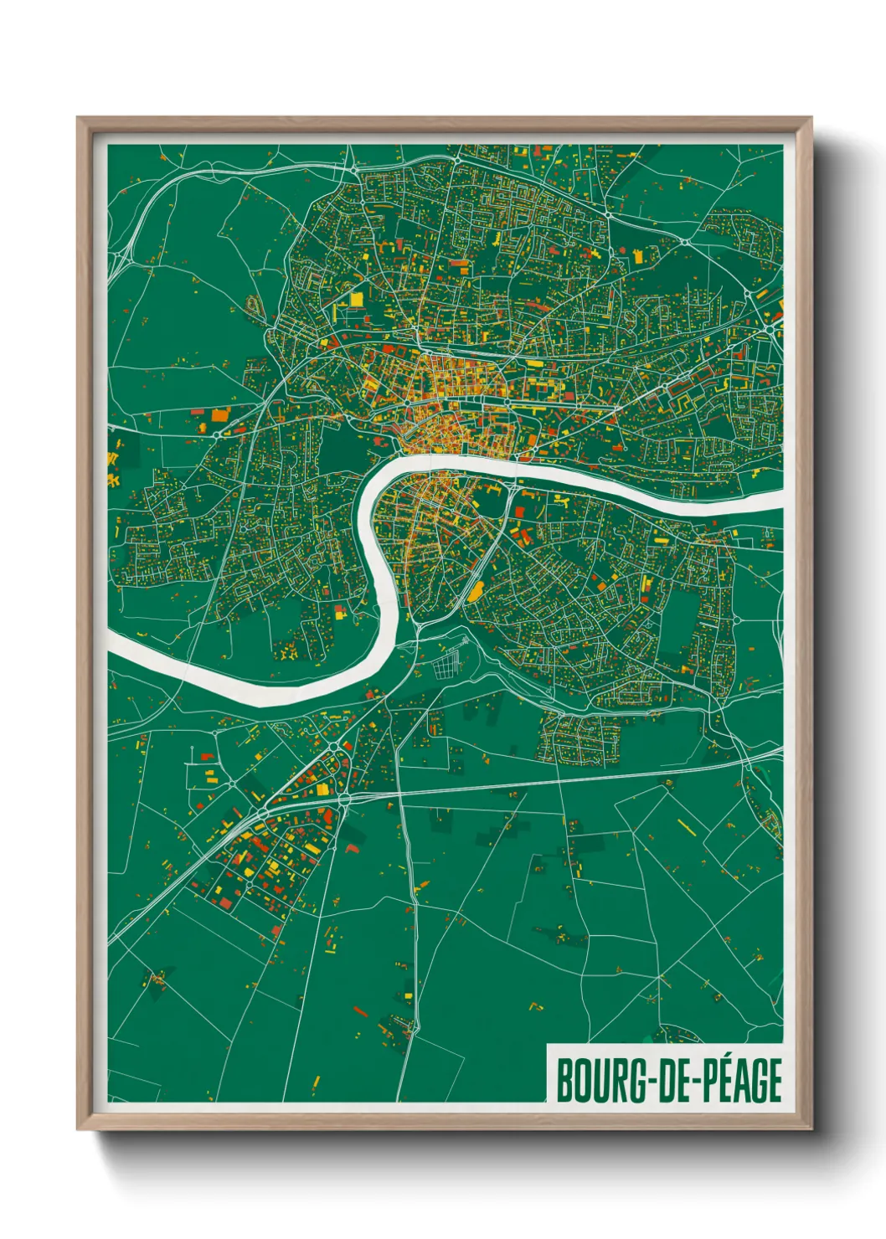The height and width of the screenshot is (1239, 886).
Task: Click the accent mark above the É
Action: (721, 1058)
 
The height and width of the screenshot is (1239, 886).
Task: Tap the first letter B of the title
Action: (564, 1081)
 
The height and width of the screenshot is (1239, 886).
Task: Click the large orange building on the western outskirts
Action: (219, 414)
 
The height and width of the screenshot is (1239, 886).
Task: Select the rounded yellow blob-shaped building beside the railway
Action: (475, 593)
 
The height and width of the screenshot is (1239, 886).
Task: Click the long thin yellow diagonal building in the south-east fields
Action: (689, 825)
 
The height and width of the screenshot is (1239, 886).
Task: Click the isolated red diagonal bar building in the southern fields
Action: (360, 1011)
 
